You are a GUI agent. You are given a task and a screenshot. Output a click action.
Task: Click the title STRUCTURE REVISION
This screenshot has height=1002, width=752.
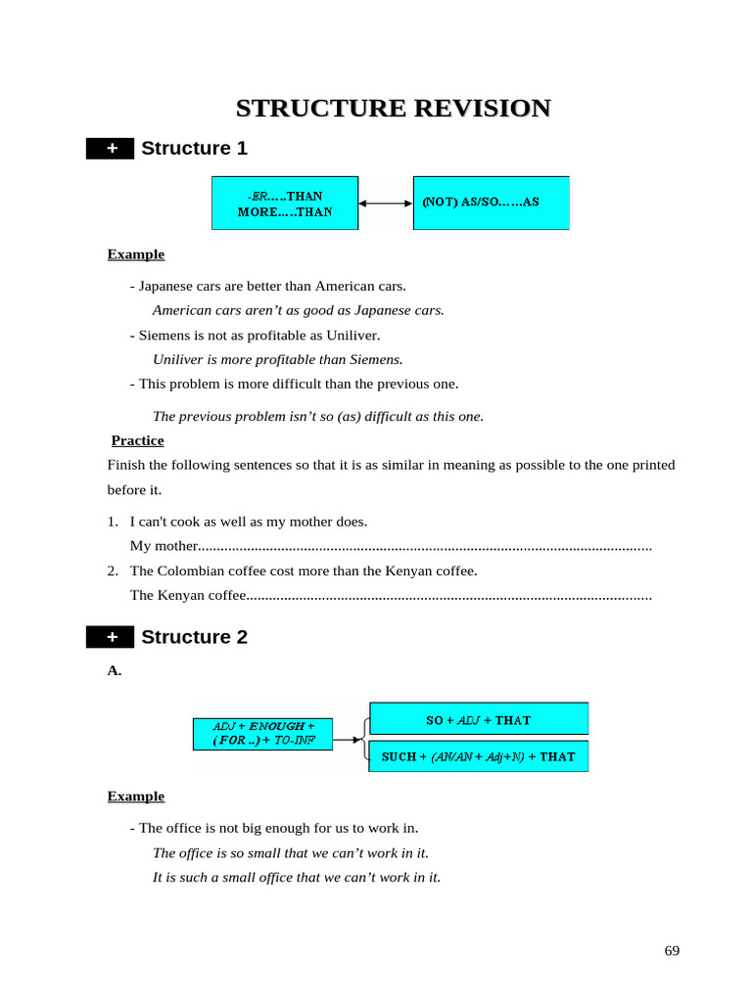coord(393,108)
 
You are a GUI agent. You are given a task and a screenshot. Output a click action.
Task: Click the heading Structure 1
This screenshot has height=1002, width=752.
coord(194,149)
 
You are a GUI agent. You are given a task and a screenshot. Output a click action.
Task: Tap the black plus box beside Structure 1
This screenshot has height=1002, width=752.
coord(111,149)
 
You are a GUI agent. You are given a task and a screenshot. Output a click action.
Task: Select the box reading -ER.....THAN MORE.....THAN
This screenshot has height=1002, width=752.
coord(285,204)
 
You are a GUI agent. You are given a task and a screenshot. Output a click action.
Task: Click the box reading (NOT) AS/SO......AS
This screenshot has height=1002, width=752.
coord(491,203)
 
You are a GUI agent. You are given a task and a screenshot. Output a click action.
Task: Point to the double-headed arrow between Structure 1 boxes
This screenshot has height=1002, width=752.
coord(386,204)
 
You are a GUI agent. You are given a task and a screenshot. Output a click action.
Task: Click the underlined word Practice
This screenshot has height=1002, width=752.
coord(137,440)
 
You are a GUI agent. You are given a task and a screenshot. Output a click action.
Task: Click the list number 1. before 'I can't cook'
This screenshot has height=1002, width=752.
coord(113,522)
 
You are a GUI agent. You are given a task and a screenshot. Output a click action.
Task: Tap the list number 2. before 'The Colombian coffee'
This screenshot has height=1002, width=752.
coord(113,570)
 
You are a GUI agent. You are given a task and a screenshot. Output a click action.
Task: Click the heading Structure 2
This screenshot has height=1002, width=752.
coord(194,637)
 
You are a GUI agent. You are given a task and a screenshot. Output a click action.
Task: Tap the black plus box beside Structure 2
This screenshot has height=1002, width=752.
coord(111,637)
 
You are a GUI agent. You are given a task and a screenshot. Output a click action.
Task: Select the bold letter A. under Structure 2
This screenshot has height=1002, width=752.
coord(114,670)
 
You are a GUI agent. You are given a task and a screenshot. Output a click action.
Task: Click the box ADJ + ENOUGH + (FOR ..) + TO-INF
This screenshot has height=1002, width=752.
coord(262,734)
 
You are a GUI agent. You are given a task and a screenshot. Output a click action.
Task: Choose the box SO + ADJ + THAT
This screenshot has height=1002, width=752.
coord(479,719)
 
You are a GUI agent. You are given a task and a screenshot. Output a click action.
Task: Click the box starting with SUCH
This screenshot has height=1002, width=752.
coord(479,756)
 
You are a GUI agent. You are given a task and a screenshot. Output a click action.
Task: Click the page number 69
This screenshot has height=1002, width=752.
coord(672,951)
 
